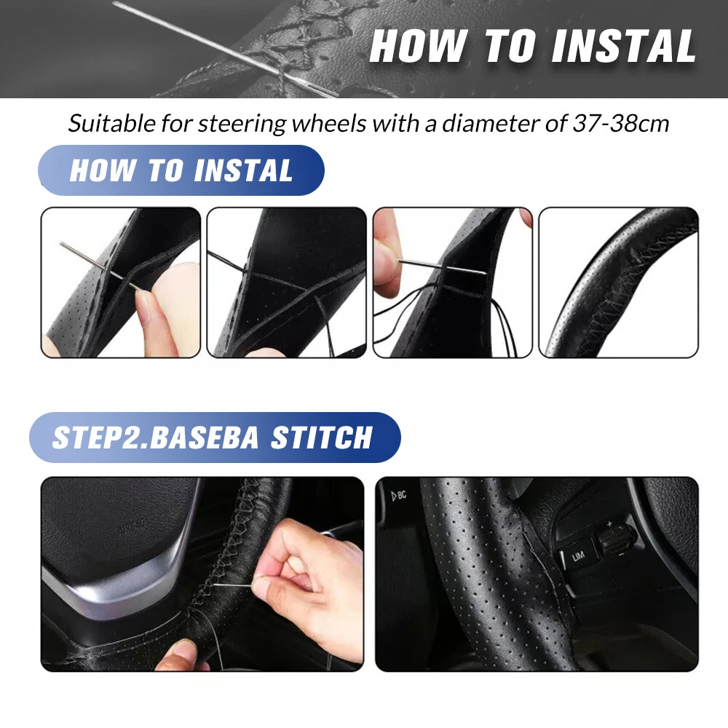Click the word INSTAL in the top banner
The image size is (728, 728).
tap(624, 46)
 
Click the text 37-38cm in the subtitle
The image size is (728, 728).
tap(621, 124)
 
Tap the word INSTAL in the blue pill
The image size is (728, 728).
tap(243, 170)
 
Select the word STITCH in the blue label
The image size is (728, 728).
tap(322, 438)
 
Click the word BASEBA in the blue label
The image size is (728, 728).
tap(205, 438)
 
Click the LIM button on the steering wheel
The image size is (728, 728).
tap(578, 555)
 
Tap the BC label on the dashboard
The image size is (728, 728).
tap(399, 495)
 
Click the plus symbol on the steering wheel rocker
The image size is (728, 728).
tap(609, 524)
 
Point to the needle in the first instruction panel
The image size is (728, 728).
tap(99, 266)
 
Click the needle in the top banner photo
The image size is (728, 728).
tap(226, 49)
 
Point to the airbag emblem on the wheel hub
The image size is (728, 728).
tap(132, 528)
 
